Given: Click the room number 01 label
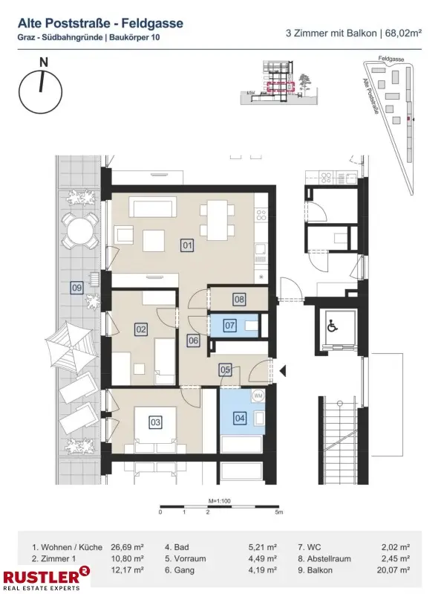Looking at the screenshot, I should click(187, 244).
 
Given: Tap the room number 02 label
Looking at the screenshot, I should click(140, 329).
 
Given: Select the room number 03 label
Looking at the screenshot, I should click(155, 422).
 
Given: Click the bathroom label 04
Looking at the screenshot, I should click(240, 418).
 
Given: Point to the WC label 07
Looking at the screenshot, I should click(230, 325).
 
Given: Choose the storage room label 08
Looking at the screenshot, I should click(238, 300).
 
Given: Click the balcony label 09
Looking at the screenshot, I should click(76, 288).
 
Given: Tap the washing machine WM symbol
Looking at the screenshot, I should click(258, 395).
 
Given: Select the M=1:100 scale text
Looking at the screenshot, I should click(219, 502).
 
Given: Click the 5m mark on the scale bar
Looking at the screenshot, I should click(278, 513).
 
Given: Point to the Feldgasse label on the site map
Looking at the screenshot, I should click(389, 57).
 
